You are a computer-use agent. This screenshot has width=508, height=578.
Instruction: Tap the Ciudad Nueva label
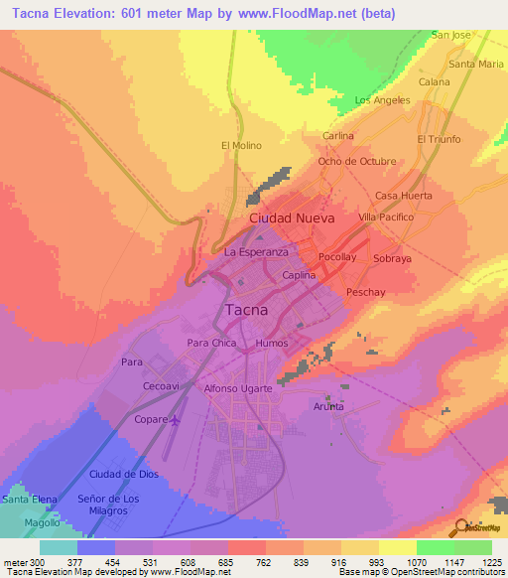pyautogui.click(x=292, y=217)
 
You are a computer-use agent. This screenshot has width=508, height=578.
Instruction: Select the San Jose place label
pyautogui.click(x=450, y=35)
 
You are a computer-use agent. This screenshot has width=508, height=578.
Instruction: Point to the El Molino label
pyautogui.click(x=241, y=145)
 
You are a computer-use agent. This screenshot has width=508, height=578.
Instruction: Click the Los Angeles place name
pyautogui.click(x=382, y=100)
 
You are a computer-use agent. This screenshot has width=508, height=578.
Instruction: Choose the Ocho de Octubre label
pyautogui.click(x=356, y=161)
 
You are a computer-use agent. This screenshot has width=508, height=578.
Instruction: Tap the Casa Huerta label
pyautogui.click(x=403, y=196)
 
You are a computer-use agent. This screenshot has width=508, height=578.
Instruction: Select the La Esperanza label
pyautogui.click(x=256, y=252)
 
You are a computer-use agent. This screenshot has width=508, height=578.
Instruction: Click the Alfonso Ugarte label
pyautogui.click(x=237, y=388)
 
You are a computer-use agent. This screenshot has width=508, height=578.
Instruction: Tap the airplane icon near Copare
pyautogui.click(x=177, y=420)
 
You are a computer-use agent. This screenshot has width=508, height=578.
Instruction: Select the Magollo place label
pyautogui.click(x=43, y=521)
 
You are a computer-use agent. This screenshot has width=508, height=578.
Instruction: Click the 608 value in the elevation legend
pyautogui.click(x=190, y=561)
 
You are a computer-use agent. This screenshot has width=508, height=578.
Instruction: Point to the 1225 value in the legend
pyautogui.click(x=492, y=561)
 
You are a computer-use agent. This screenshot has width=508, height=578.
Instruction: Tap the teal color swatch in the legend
pyautogui.click(x=58, y=546)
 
